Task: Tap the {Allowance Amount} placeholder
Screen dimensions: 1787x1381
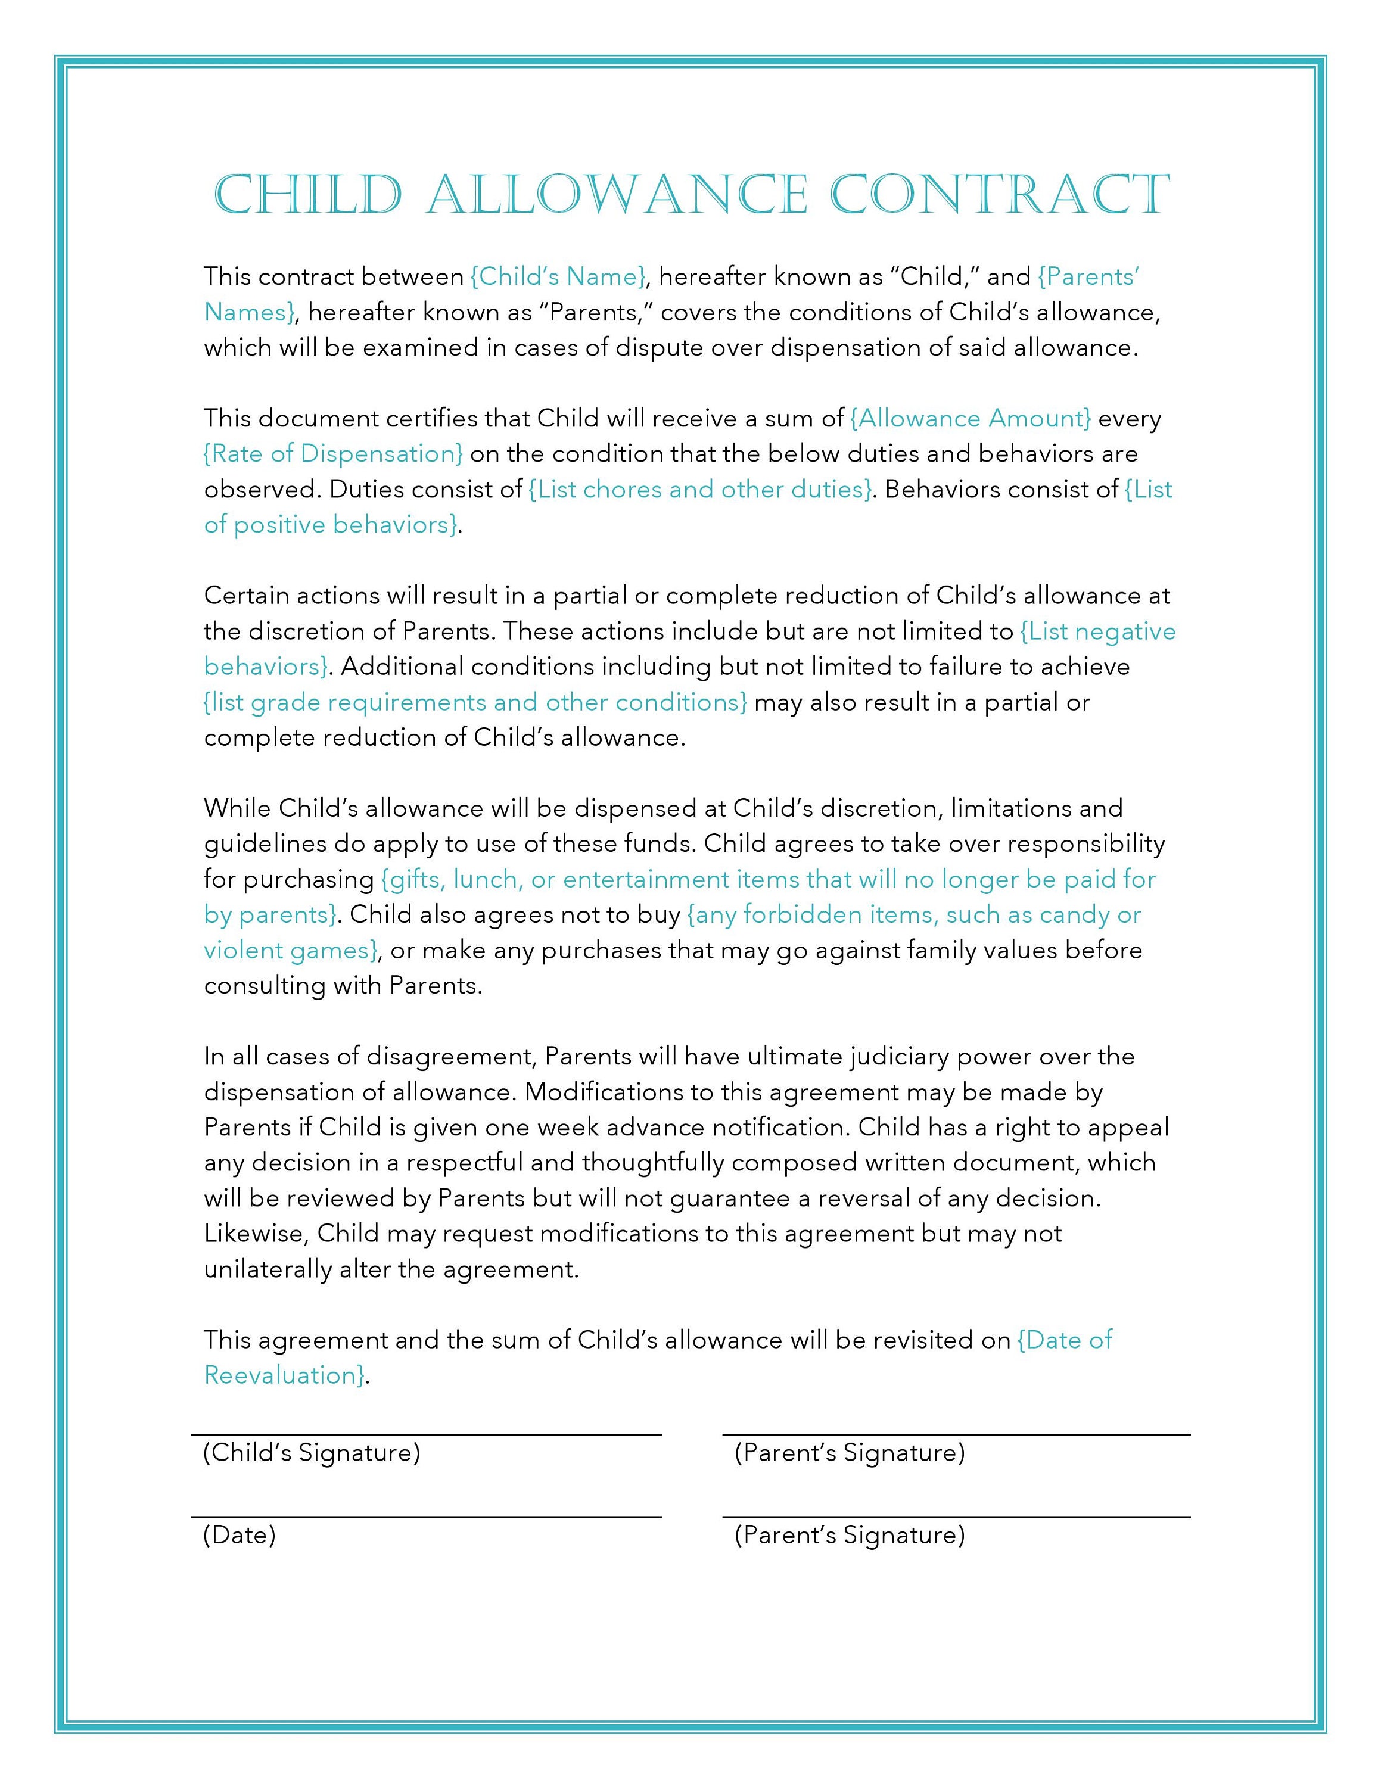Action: pyautogui.click(x=971, y=419)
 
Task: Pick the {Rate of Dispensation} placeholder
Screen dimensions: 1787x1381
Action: pyautogui.click(x=334, y=454)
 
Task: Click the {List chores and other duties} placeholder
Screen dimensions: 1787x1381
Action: pyautogui.click(x=700, y=489)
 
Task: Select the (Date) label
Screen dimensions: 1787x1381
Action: pyautogui.click(x=240, y=1534)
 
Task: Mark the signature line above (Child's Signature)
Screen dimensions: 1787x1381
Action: pyautogui.click(x=425, y=1434)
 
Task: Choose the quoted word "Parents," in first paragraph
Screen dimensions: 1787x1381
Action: pyautogui.click(x=589, y=313)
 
